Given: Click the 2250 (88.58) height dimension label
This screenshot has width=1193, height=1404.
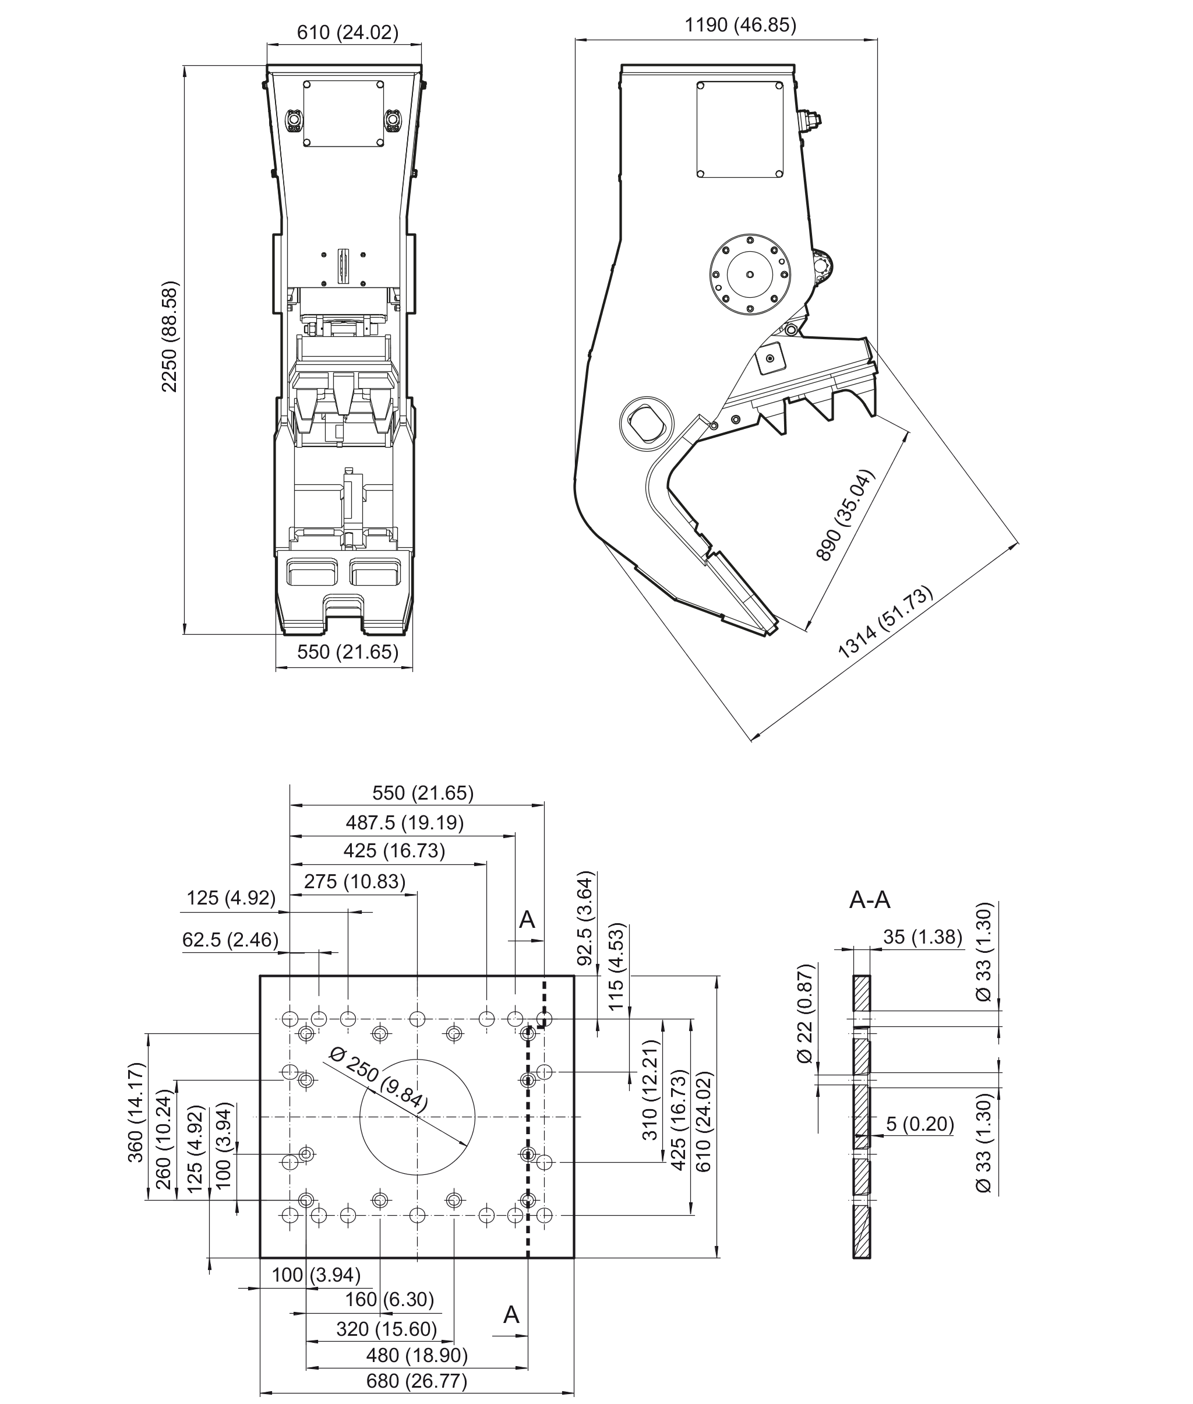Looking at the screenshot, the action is coord(169,336).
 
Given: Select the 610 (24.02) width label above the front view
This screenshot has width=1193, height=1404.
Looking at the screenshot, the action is coord(348,32).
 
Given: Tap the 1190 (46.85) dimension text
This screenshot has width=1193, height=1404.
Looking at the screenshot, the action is coord(740,25).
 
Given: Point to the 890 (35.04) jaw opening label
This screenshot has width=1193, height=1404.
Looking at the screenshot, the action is coord(845,515).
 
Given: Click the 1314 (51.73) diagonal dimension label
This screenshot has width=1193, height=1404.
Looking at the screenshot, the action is coord(885,622).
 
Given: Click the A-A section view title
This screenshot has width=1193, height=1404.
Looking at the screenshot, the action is coord(870,899).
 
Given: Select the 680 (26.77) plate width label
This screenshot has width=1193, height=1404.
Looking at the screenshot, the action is coord(417,1380).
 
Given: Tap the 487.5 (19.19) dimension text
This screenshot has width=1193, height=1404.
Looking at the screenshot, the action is coord(405,822).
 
